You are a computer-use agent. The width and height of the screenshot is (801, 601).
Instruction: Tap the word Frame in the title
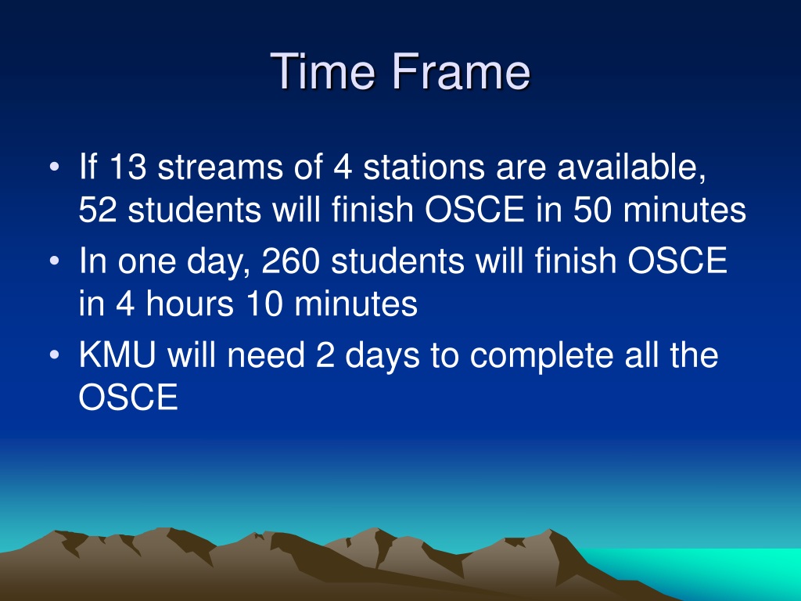point(462,71)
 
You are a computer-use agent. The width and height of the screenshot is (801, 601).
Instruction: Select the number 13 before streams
point(128,167)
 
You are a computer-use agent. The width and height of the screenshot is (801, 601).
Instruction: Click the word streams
point(220,167)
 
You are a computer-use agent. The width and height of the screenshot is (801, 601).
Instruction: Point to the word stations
point(423,167)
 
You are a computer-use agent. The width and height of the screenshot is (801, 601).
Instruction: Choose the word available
point(632,167)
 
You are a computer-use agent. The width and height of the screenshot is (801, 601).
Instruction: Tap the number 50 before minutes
point(592,210)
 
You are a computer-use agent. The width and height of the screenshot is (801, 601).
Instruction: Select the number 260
point(291,261)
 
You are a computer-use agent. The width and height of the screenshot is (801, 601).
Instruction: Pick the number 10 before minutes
point(264,304)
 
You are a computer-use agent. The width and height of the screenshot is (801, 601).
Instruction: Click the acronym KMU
point(117,354)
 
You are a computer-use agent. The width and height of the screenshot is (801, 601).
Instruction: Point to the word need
point(266,354)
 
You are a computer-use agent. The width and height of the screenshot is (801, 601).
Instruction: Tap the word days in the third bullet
point(383,356)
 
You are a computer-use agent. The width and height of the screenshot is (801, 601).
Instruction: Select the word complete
point(541,356)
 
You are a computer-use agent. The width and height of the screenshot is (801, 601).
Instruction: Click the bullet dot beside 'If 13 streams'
point(55,167)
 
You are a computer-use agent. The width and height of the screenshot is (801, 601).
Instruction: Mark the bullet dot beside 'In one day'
point(55,261)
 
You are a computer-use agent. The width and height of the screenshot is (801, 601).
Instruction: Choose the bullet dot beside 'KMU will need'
point(55,354)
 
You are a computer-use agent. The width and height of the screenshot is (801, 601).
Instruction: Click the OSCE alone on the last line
point(128,397)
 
